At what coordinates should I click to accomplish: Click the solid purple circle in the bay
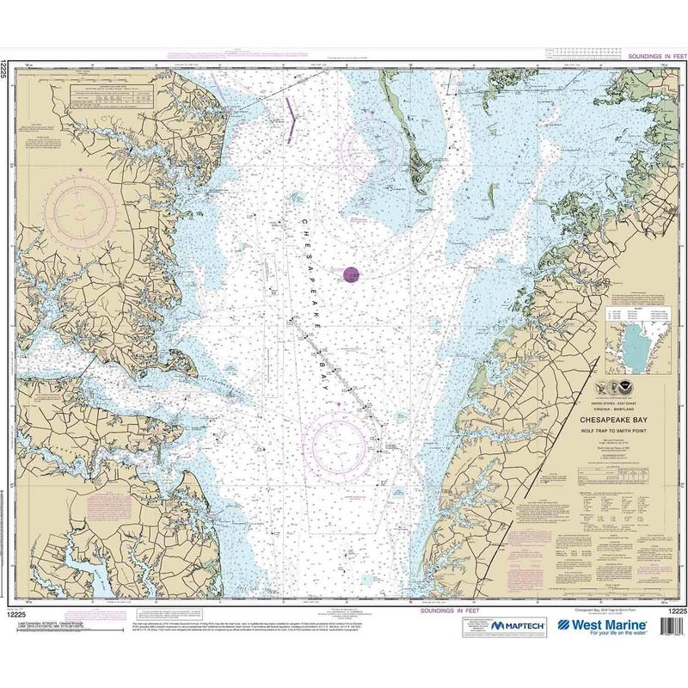[351, 275]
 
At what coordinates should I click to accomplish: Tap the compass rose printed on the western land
[79, 207]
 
